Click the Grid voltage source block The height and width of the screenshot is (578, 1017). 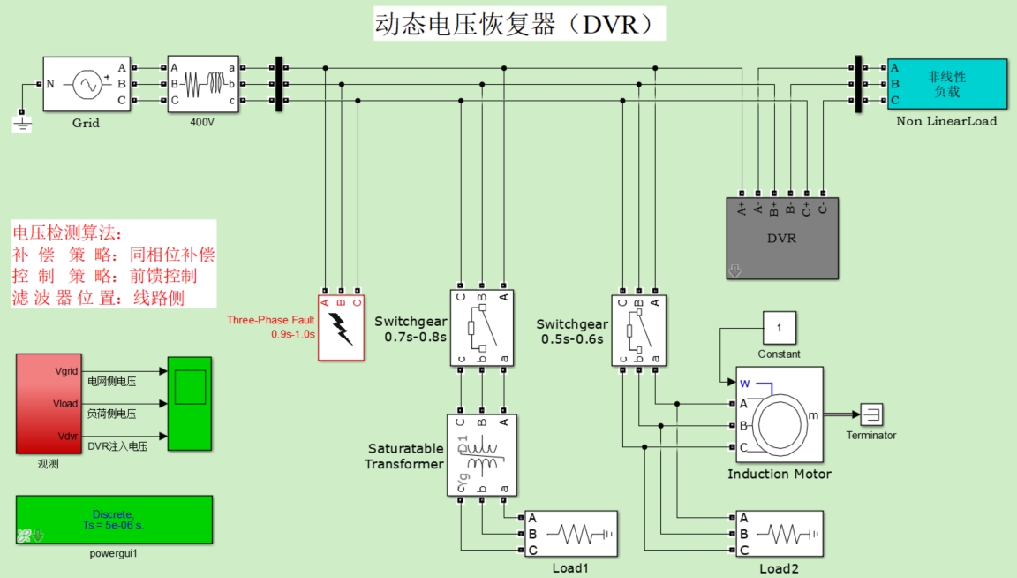pos(87,85)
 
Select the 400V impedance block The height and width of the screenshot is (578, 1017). pos(203,85)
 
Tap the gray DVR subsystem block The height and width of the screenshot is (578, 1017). pos(782,239)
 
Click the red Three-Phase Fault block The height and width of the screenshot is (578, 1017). pos(341,327)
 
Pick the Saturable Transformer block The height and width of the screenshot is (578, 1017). pos(482,455)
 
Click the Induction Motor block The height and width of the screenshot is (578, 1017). pos(780,415)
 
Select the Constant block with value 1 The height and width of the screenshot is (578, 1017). pos(779,329)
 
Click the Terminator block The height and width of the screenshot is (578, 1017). pos(871,414)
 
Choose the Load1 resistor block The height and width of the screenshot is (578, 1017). pos(571,534)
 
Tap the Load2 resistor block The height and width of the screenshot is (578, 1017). pos(780,534)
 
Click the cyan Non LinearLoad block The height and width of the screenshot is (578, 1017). pos(947,85)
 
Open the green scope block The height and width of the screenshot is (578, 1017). pos(190,403)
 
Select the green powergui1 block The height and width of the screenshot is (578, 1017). pos(114,520)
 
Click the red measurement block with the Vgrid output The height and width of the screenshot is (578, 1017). pos(49,403)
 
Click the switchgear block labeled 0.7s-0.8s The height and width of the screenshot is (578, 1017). pos(482,328)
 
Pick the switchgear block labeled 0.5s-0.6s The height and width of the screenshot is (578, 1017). pos(639,331)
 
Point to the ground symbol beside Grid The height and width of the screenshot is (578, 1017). pos(22,122)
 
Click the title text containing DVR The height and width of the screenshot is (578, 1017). pos(519,24)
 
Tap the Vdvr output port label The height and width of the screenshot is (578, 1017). pos(67,437)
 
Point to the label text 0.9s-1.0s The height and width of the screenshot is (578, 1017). pos(292,334)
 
